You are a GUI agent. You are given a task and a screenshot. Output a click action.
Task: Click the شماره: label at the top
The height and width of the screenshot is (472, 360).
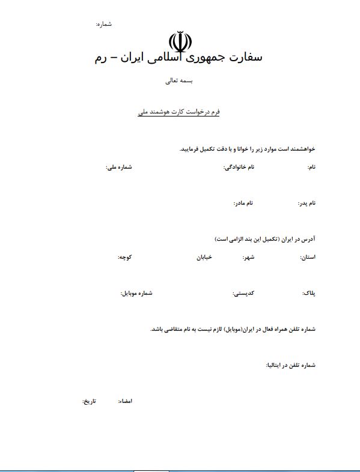pos(103,24)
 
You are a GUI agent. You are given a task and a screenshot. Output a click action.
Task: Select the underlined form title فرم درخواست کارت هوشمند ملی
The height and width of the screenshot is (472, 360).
pos(178,112)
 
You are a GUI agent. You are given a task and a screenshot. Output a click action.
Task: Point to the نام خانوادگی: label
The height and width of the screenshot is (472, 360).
pos(239,167)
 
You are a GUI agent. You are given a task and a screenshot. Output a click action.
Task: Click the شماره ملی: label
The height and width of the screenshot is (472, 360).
pos(119,167)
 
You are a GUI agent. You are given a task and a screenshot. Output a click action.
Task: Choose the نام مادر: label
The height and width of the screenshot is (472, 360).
pos(243,203)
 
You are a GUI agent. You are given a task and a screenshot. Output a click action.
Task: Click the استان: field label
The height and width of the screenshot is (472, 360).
pos(308,257)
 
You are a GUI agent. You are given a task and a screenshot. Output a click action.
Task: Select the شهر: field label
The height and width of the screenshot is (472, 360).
pos(248,257)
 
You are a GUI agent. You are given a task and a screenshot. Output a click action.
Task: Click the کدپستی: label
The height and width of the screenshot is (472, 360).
pos(243,294)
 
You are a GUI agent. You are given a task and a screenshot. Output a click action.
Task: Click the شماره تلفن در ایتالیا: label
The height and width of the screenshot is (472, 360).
pos(290,365)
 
